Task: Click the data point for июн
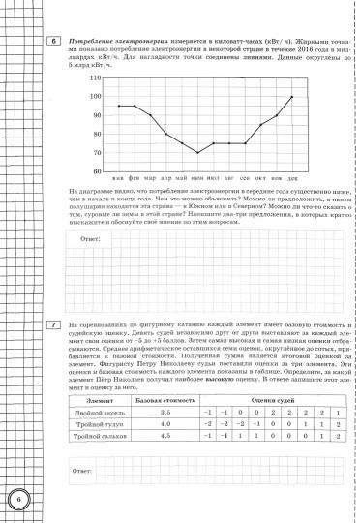click(x=197, y=153)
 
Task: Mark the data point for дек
click(x=292, y=96)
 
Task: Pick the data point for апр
click(x=165, y=134)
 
